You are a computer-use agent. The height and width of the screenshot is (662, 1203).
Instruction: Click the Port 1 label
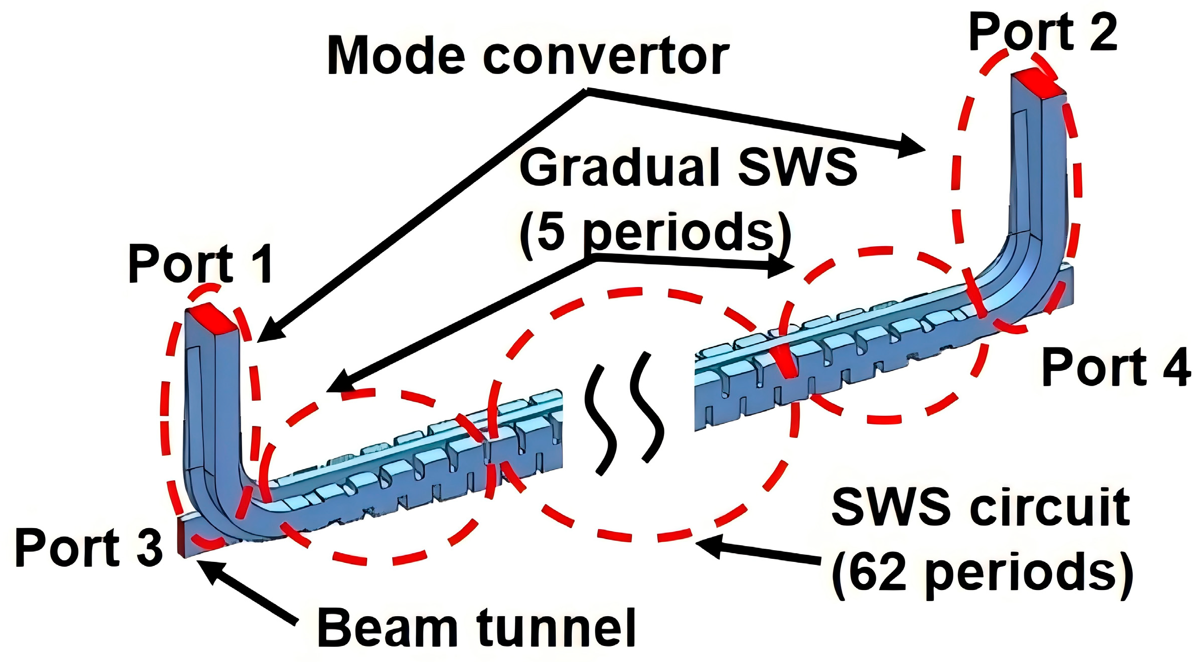click(x=200, y=264)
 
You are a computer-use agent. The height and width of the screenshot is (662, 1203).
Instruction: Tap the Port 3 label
click(x=89, y=548)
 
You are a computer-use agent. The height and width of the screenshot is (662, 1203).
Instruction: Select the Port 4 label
click(x=1116, y=367)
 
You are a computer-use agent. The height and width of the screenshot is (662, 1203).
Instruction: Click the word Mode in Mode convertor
click(x=396, y=56)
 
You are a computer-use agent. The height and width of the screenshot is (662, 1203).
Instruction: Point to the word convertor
click(x=606, y=56)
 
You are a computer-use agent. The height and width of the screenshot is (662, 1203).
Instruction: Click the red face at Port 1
click(x=211, y=318)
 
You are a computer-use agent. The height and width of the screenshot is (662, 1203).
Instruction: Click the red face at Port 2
click(x=1037, y=83)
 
